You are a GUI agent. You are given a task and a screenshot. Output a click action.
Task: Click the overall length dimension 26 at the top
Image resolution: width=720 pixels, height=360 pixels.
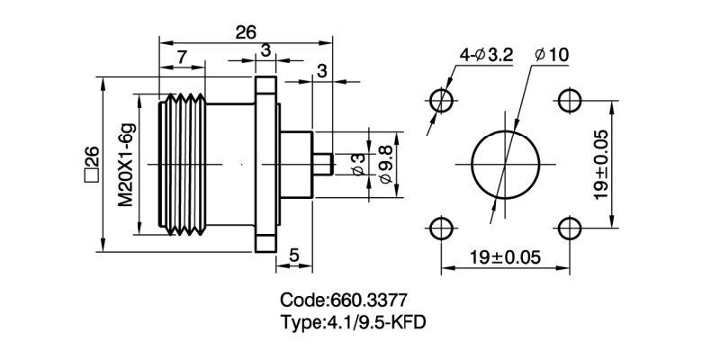pos(245,32)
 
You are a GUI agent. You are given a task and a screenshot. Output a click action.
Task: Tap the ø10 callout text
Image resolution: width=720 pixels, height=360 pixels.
pos(551,56)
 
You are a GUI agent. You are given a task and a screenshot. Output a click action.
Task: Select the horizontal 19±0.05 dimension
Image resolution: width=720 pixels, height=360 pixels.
pos(504,257)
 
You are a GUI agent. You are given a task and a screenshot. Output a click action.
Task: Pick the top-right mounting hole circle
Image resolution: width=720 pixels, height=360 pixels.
pos(569,98)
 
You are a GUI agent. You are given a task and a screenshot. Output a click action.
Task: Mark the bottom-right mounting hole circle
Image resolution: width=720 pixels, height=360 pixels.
pos(569,227)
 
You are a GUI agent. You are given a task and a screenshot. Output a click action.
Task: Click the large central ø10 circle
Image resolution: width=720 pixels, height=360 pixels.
pos(505,163)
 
